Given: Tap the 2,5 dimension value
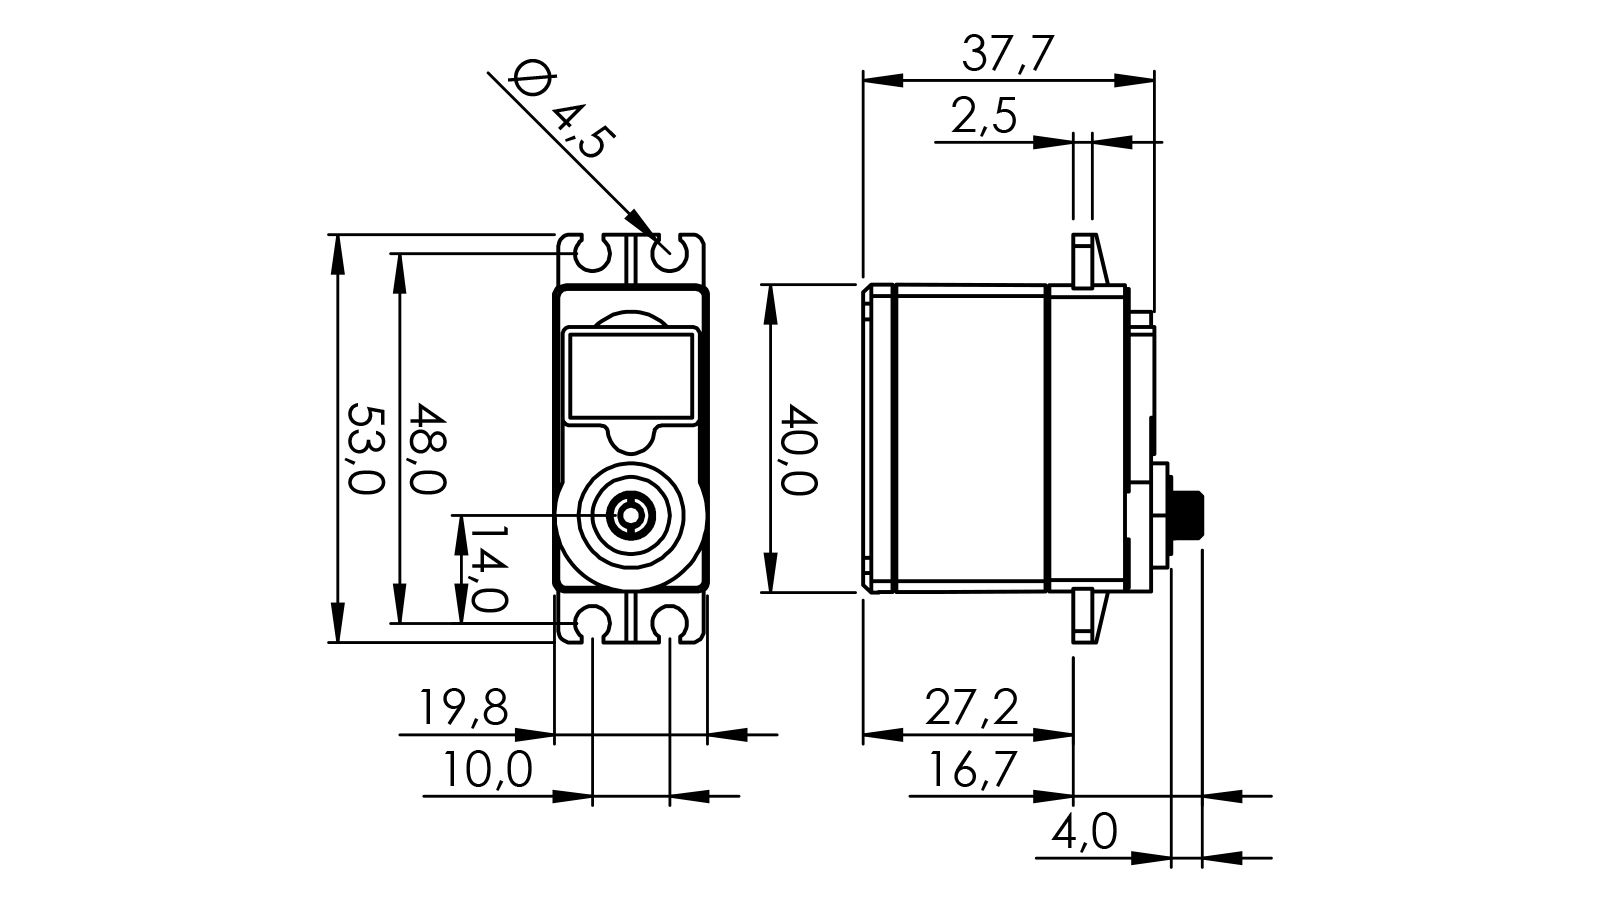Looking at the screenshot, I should coord(984,117).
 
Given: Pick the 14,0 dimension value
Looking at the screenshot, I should coord(488,570).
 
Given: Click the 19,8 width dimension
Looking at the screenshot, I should coord(463,709).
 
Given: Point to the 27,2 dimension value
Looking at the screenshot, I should coord(970,709).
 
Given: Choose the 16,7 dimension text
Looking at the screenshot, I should coord(970,770).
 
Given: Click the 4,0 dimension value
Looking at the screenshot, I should coord(1084,831).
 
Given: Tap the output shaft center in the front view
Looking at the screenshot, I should coord(631,516).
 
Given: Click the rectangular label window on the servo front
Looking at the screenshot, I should coord(630,375).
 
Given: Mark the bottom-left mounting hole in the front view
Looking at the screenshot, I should coord(593,622).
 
